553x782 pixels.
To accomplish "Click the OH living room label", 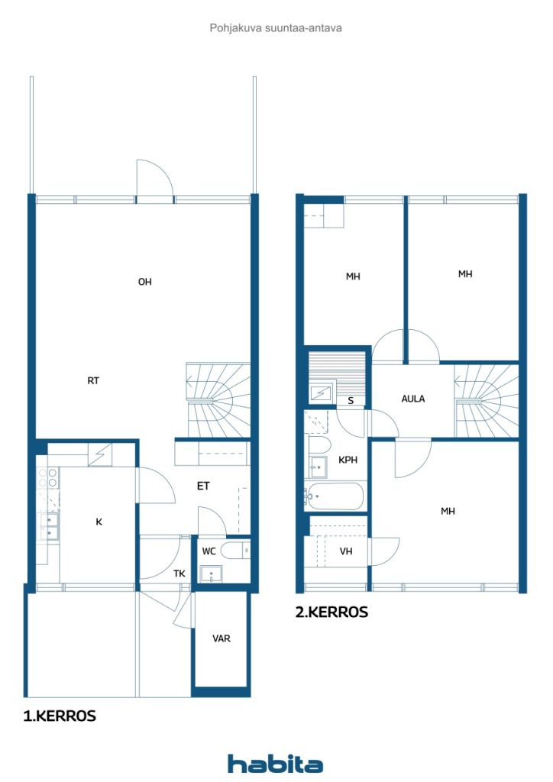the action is (x=144, y=282).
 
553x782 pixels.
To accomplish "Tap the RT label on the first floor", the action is (x=93, y=380).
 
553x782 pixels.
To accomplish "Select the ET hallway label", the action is (x=203, y=486).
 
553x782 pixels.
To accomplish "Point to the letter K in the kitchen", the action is (x=99, y=522).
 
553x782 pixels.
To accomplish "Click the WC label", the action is (x=209, y=551).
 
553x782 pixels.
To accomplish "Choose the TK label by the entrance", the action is (x=179, y=574).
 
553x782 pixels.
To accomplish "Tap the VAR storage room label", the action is (x=222, y=638).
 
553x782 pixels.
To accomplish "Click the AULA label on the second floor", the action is (x=413, y=399).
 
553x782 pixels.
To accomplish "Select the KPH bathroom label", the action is (x=348, y=460).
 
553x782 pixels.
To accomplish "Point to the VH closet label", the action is (x=346, y=551).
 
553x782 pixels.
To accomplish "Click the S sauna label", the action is (x=351, y=400).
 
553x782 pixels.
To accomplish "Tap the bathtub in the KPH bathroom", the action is (x=335, y=496).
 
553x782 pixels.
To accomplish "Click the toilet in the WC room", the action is (x=235, y=551).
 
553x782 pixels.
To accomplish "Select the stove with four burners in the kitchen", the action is (x=48, y=478).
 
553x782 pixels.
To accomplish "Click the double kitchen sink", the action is (x=50, y=527).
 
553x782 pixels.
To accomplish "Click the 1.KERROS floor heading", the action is (x=60, y=716).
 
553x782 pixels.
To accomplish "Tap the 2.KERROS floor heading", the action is (x=331, y=612).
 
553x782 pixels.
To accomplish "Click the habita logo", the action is (x=275, y=764).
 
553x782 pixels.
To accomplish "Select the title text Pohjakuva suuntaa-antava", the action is (x=276, y=28).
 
